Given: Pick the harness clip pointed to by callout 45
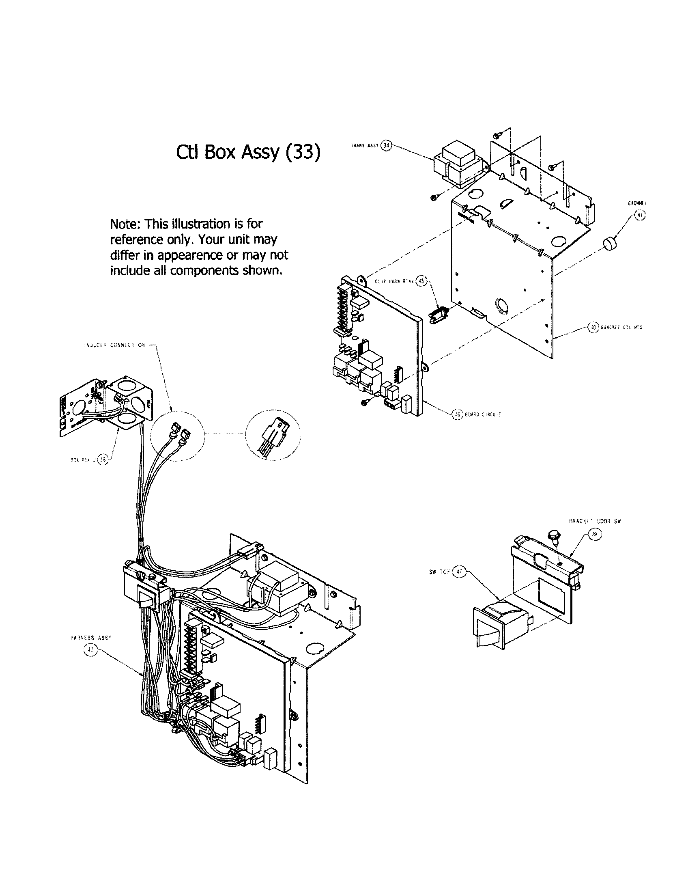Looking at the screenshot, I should pyautogui.click(x=439, y=316).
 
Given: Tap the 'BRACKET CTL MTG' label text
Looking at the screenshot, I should pyautogui.click(x=621, y=328).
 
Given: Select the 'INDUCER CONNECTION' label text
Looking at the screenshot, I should pyautogui.click(x=114, y=345).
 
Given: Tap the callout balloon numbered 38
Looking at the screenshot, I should pyautogui.click(x=103, y=459).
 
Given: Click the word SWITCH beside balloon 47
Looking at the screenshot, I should pyautogui.click(x=439, y=572).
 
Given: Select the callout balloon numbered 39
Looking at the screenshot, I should pyautogui.click(x=595, y=534).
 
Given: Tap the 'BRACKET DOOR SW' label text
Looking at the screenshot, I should pyautogui.click(x=595, y=521).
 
